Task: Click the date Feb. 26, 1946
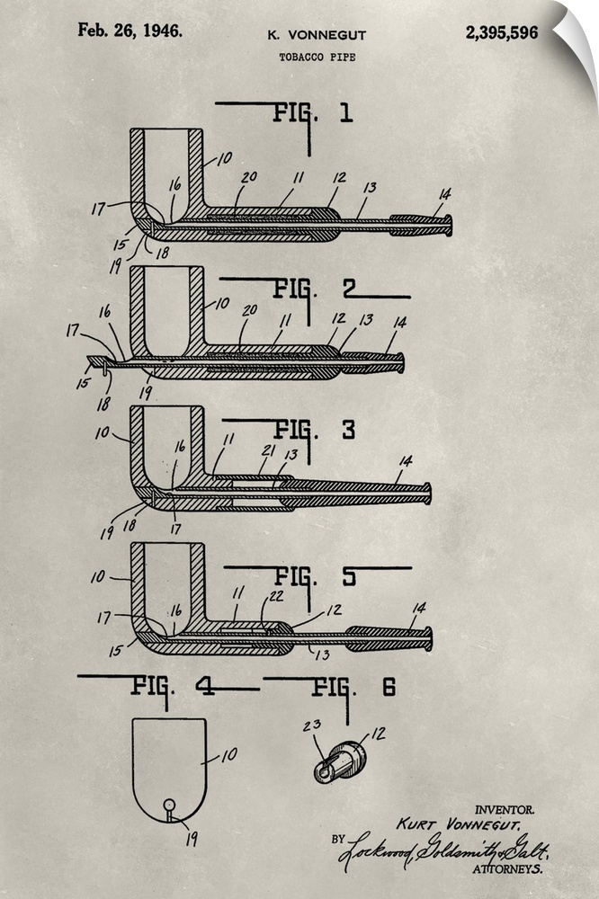tap(130, 31)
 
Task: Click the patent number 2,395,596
tap(502, 32)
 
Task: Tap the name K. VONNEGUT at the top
tap(317, 36)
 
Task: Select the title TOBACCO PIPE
tap(317, 57)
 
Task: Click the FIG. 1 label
tap(313, 113)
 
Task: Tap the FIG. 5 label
tap(316, 577)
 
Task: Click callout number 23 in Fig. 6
tap(311, 726)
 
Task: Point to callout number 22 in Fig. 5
tap(276, 596)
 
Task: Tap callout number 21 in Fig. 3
tap(268, 451)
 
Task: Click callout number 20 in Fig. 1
tap(249, 178)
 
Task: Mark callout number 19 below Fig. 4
tap(192, 840)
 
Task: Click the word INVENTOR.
tap(505, 810)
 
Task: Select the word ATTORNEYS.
tap(507, 868)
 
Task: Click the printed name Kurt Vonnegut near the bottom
tap(459, 824)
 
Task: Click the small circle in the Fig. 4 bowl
tap(169, 805)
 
